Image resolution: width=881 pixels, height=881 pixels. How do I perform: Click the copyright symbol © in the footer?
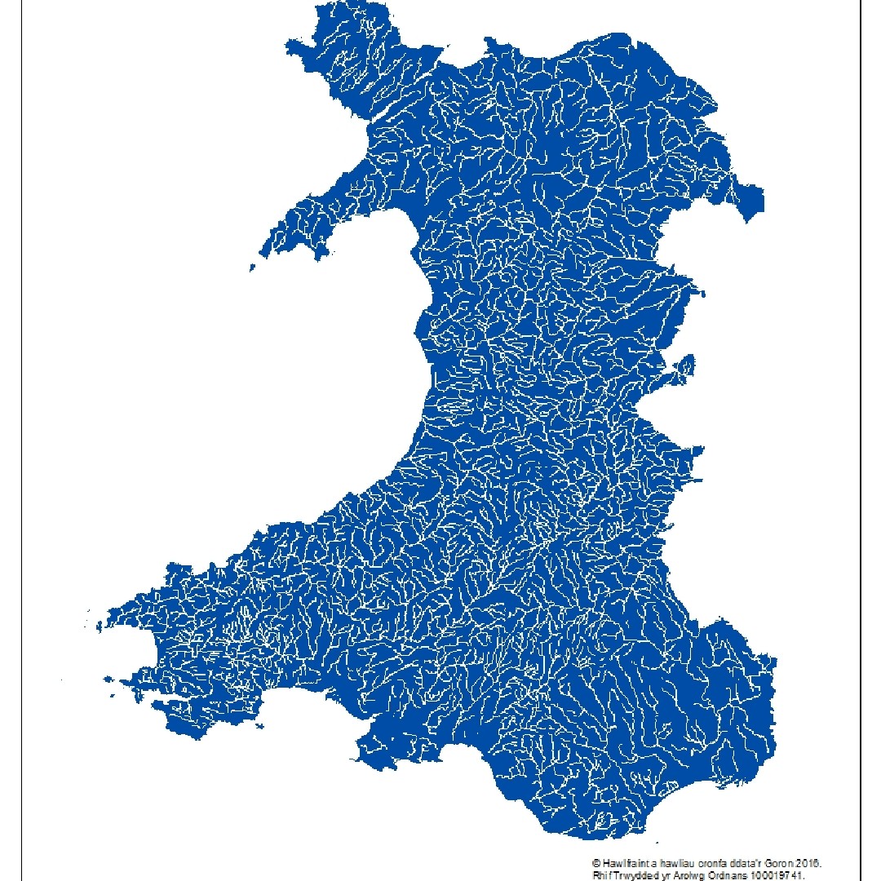click(596, 862)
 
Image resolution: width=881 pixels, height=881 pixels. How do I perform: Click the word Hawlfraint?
click(624, 862)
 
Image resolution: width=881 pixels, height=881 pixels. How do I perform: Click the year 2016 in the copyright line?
click(816, 862)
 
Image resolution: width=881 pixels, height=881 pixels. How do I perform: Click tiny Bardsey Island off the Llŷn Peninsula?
click(253, 267)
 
